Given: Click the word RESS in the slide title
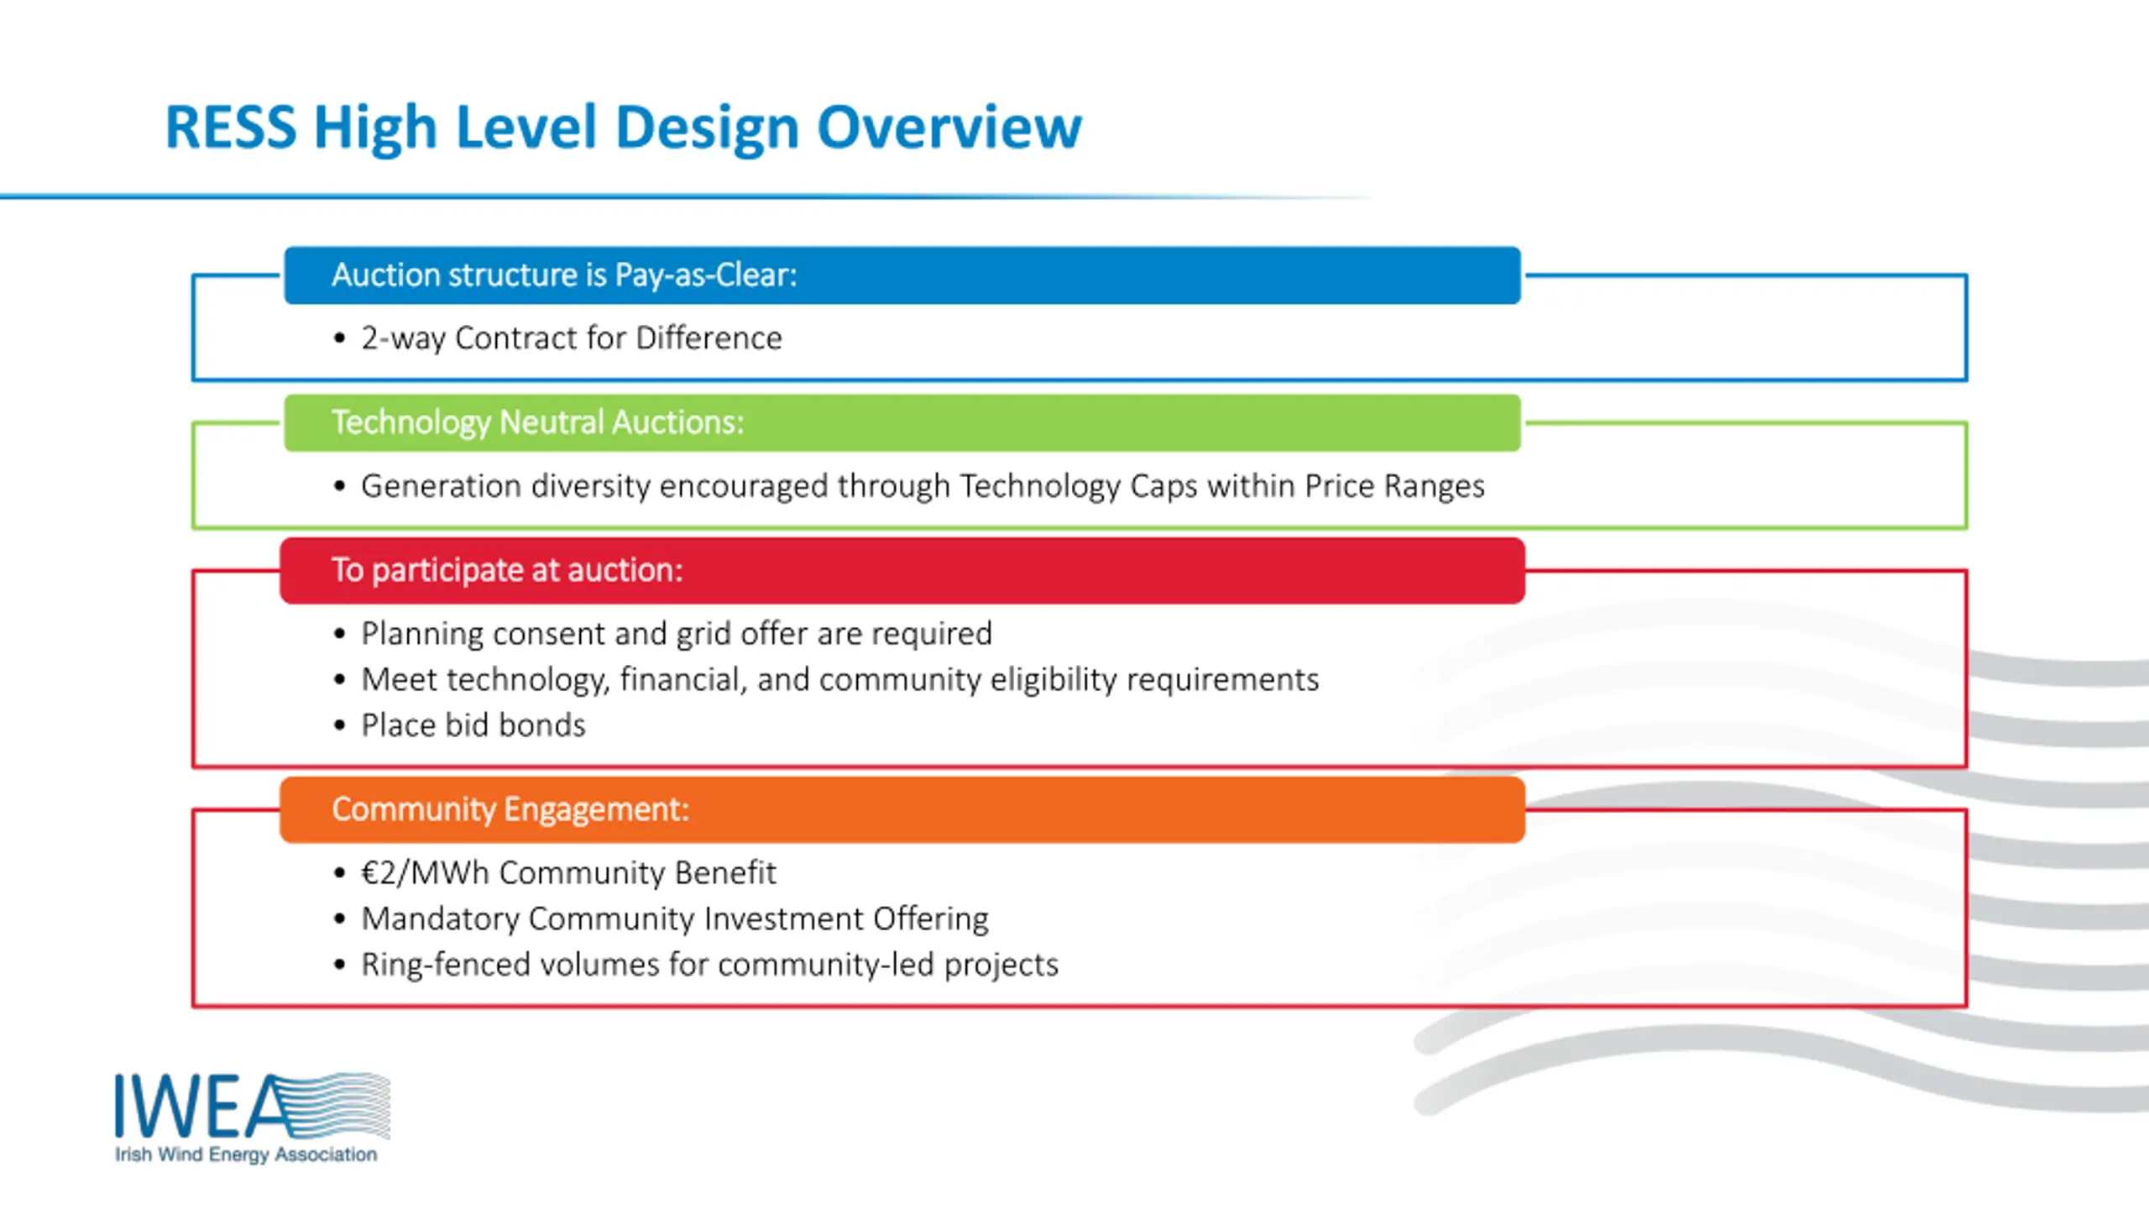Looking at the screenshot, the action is [231, 128].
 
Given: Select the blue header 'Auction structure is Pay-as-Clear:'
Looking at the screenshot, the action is [902, 275].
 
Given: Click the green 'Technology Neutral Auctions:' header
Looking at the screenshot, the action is [902, 423].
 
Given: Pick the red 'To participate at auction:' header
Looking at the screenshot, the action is [902, 571].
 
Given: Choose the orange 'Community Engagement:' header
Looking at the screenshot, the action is [902, 810].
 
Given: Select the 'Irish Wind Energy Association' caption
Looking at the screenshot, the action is [246, 1155].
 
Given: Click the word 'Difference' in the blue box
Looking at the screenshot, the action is [709, 338].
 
